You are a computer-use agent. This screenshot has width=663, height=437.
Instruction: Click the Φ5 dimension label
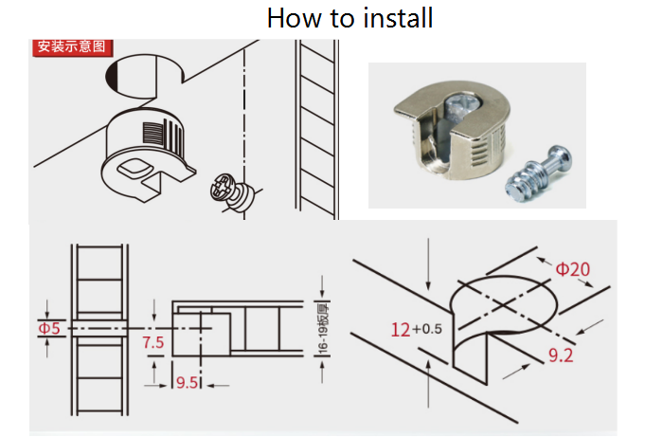coord(48,329)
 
